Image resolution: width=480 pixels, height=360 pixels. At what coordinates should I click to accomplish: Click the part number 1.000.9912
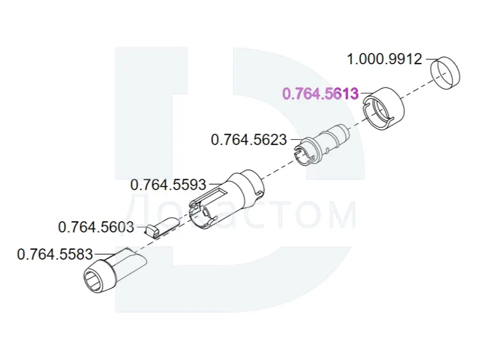click(384, 59)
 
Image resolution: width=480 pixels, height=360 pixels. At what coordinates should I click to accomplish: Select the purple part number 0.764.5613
click(320, 93)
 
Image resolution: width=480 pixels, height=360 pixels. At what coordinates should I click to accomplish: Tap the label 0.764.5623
click(249, 140)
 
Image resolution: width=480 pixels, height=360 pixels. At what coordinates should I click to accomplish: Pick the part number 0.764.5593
click(168, 185)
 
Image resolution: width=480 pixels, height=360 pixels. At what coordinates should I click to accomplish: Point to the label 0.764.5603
click(96, 227)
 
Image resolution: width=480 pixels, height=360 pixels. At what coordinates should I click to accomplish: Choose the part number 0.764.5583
click(55, 254)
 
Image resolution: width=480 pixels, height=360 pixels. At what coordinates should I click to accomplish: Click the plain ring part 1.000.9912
click(446, 73)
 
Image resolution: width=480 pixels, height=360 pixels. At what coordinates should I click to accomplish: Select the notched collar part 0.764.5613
click(383, 109)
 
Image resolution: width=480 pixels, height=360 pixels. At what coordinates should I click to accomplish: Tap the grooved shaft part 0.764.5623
click(322, 144)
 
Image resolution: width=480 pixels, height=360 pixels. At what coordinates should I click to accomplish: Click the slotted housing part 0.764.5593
click(226, 199)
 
